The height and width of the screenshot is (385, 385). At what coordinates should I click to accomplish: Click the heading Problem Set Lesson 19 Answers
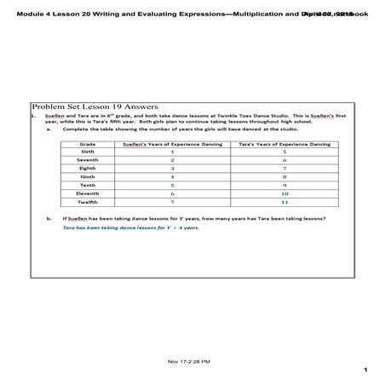[x=93, y=106]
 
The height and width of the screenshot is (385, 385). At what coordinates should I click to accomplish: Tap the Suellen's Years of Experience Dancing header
[x=172, y=144]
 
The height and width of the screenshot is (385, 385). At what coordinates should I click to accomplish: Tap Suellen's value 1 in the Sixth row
[x=172, y=152]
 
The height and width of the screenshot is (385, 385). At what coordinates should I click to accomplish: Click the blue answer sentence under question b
[x=130, y=228]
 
